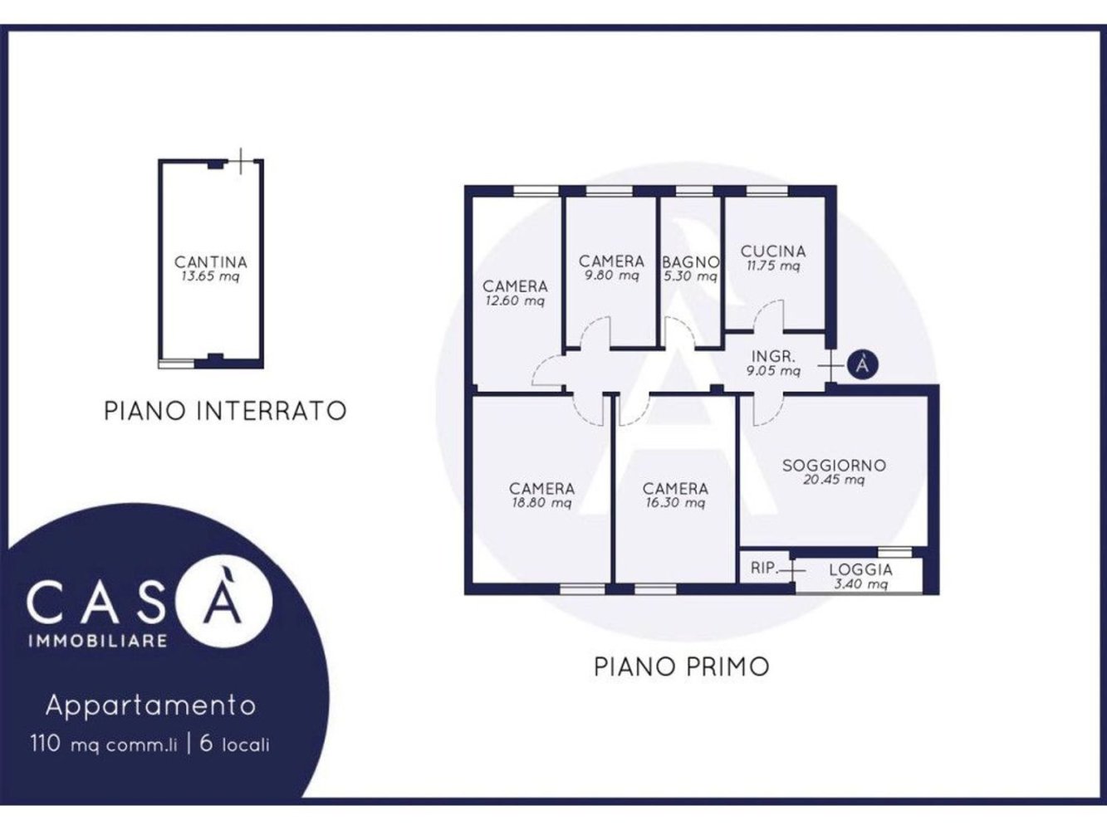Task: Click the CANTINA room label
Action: click(211, 262)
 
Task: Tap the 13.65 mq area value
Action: click(210, 276)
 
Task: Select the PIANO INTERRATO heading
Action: click(225, 410)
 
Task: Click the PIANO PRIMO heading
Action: click(681, 666)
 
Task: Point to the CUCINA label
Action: click(773, 251)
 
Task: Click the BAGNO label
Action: click(690, 262)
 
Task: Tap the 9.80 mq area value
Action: click(612, 276)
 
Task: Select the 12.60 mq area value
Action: click(515, 300)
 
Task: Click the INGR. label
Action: click(773, 357)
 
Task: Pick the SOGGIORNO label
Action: click(834, 466)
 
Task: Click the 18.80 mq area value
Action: click(541, 503)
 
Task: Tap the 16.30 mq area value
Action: click(675, 503)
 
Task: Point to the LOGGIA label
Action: click(860, 569)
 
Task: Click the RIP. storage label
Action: click(764, 569)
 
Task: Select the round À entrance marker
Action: click(864, 364)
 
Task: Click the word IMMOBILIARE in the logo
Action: click(98, 641)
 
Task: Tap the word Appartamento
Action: click(150, 705)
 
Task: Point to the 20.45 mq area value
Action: click(834, 480)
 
